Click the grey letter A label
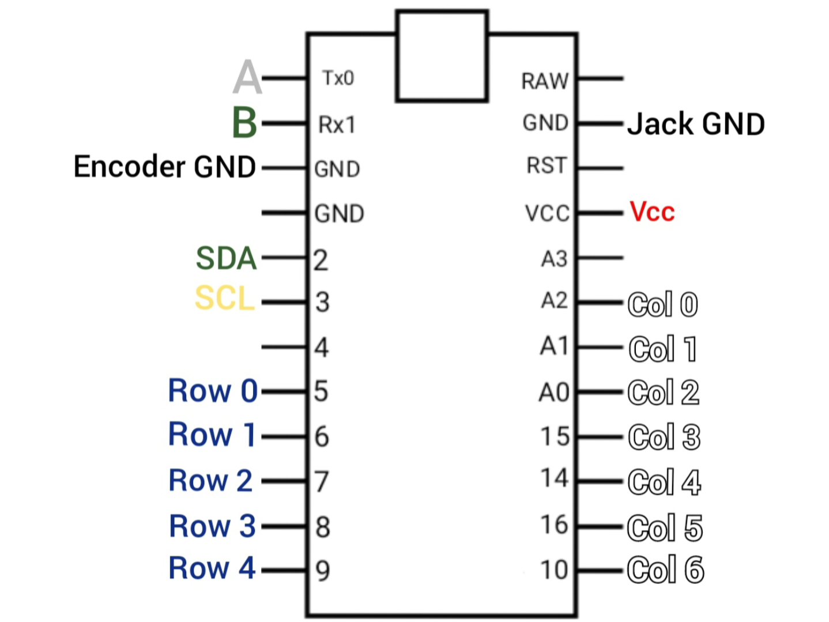(x=247, y=77)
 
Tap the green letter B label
(x=244, y=123)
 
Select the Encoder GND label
(x=165, y=167)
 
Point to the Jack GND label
(x=696, y=124)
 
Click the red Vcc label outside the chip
(x=652, y=212)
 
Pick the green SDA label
(x=226, y=258)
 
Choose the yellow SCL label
(x=224, y=299)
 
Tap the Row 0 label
(x=213, y=391)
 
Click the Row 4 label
(x=212, y=568)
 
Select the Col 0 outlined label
(x=662, y=304)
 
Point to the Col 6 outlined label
(x=665, y=570)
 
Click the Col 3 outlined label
(x=664, y=437)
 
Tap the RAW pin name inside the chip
(x=545, y=81)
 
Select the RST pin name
(x=547, y=166)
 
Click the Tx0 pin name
(x=338, y=78)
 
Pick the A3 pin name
(x=554, y=259)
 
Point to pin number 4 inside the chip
(x=322, y=348)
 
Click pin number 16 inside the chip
(x=554, y=525)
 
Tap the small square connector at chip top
(x=442, y=56)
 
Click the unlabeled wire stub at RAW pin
(x=600, y=78)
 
